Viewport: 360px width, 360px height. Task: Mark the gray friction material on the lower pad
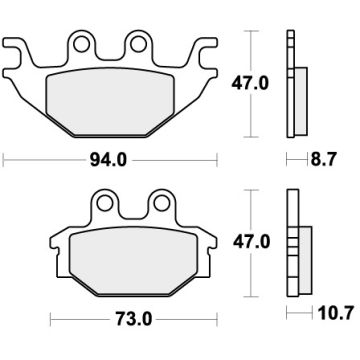click(132, 260)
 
